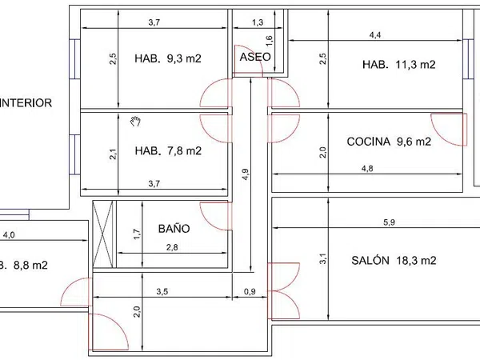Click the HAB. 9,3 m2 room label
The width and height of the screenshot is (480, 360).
pos(168,58)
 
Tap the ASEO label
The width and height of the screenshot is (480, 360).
pos(255,57)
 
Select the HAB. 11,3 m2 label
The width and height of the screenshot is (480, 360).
pos(399,65)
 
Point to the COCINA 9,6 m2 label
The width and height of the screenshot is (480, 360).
pos(389,142)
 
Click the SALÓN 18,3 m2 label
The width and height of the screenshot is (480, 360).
pos(394,261)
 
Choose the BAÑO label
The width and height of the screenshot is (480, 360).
pos(174,228)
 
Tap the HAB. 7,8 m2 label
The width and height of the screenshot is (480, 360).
pos(168,150)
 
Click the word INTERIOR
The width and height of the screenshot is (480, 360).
pos(26,103)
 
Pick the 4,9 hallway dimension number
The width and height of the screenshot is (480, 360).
pos(246,174)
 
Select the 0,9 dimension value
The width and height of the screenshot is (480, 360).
pos(250,291)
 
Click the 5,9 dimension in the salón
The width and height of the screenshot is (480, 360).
pos(389,222)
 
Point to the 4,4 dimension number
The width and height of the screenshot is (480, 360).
pos(375,35)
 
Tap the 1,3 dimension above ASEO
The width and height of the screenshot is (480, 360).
pos(258,22)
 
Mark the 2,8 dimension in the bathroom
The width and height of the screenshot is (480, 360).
pos(172,247)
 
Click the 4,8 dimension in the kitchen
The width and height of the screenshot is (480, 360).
pos(367,169)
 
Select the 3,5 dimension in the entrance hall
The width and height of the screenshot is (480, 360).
pos(162,291)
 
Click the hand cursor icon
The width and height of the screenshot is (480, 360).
pos(135,122)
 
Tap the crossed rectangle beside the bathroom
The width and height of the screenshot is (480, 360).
pos(103,234)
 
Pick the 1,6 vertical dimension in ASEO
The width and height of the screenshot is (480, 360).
pos(269,41)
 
